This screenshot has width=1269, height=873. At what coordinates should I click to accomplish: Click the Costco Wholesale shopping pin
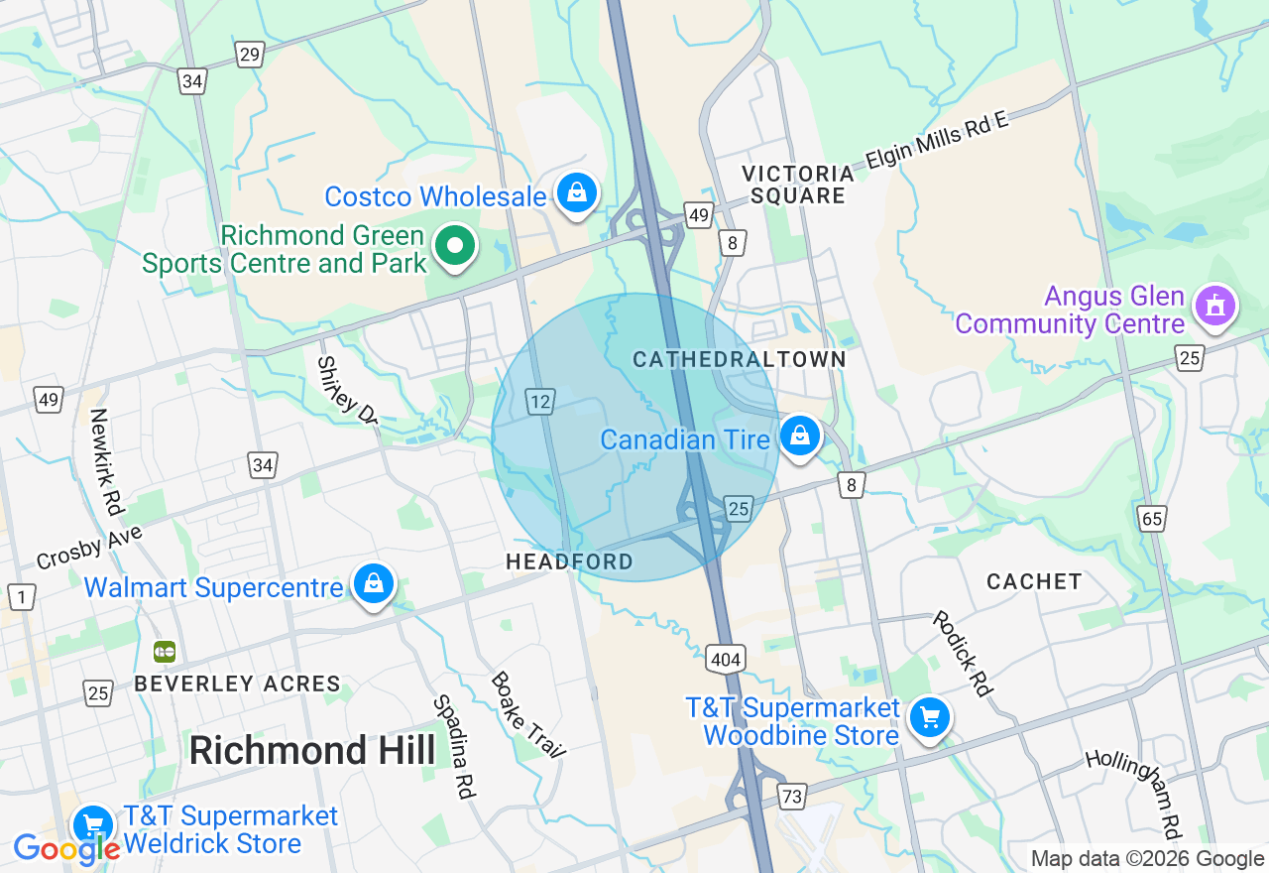click(x=576, y=192)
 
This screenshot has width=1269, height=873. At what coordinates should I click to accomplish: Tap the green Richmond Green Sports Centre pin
click(x=456, y=245)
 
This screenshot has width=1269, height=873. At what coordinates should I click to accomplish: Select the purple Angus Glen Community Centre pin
click(x=1215, y=305)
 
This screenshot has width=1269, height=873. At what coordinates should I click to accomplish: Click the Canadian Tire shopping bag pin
click(x=799, y=436)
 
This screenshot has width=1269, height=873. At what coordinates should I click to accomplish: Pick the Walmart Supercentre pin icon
click(x=374, y=583)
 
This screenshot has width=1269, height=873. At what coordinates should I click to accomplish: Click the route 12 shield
click(x=539, y=402)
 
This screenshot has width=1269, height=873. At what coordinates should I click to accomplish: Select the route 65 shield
click(x=1152, y=518)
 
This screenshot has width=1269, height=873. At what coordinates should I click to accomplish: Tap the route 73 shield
click(x=791, y=796)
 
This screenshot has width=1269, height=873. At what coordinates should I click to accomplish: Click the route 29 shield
click(x=250, y=55)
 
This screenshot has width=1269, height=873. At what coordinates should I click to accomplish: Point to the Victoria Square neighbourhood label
click(x=798, y=185)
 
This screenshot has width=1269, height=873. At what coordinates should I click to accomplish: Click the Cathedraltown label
click(x=740, y=359)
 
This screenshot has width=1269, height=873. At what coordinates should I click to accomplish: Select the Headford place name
click(x=569, y=561)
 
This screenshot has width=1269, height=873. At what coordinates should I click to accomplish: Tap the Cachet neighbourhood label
click(x=1034, y=581)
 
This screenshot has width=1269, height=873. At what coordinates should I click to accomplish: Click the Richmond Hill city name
click(x=311, y=750)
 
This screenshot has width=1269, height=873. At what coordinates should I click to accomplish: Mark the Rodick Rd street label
click(x=961, y=654)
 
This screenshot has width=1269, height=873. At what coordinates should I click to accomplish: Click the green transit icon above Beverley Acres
click(x=165, y=652)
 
